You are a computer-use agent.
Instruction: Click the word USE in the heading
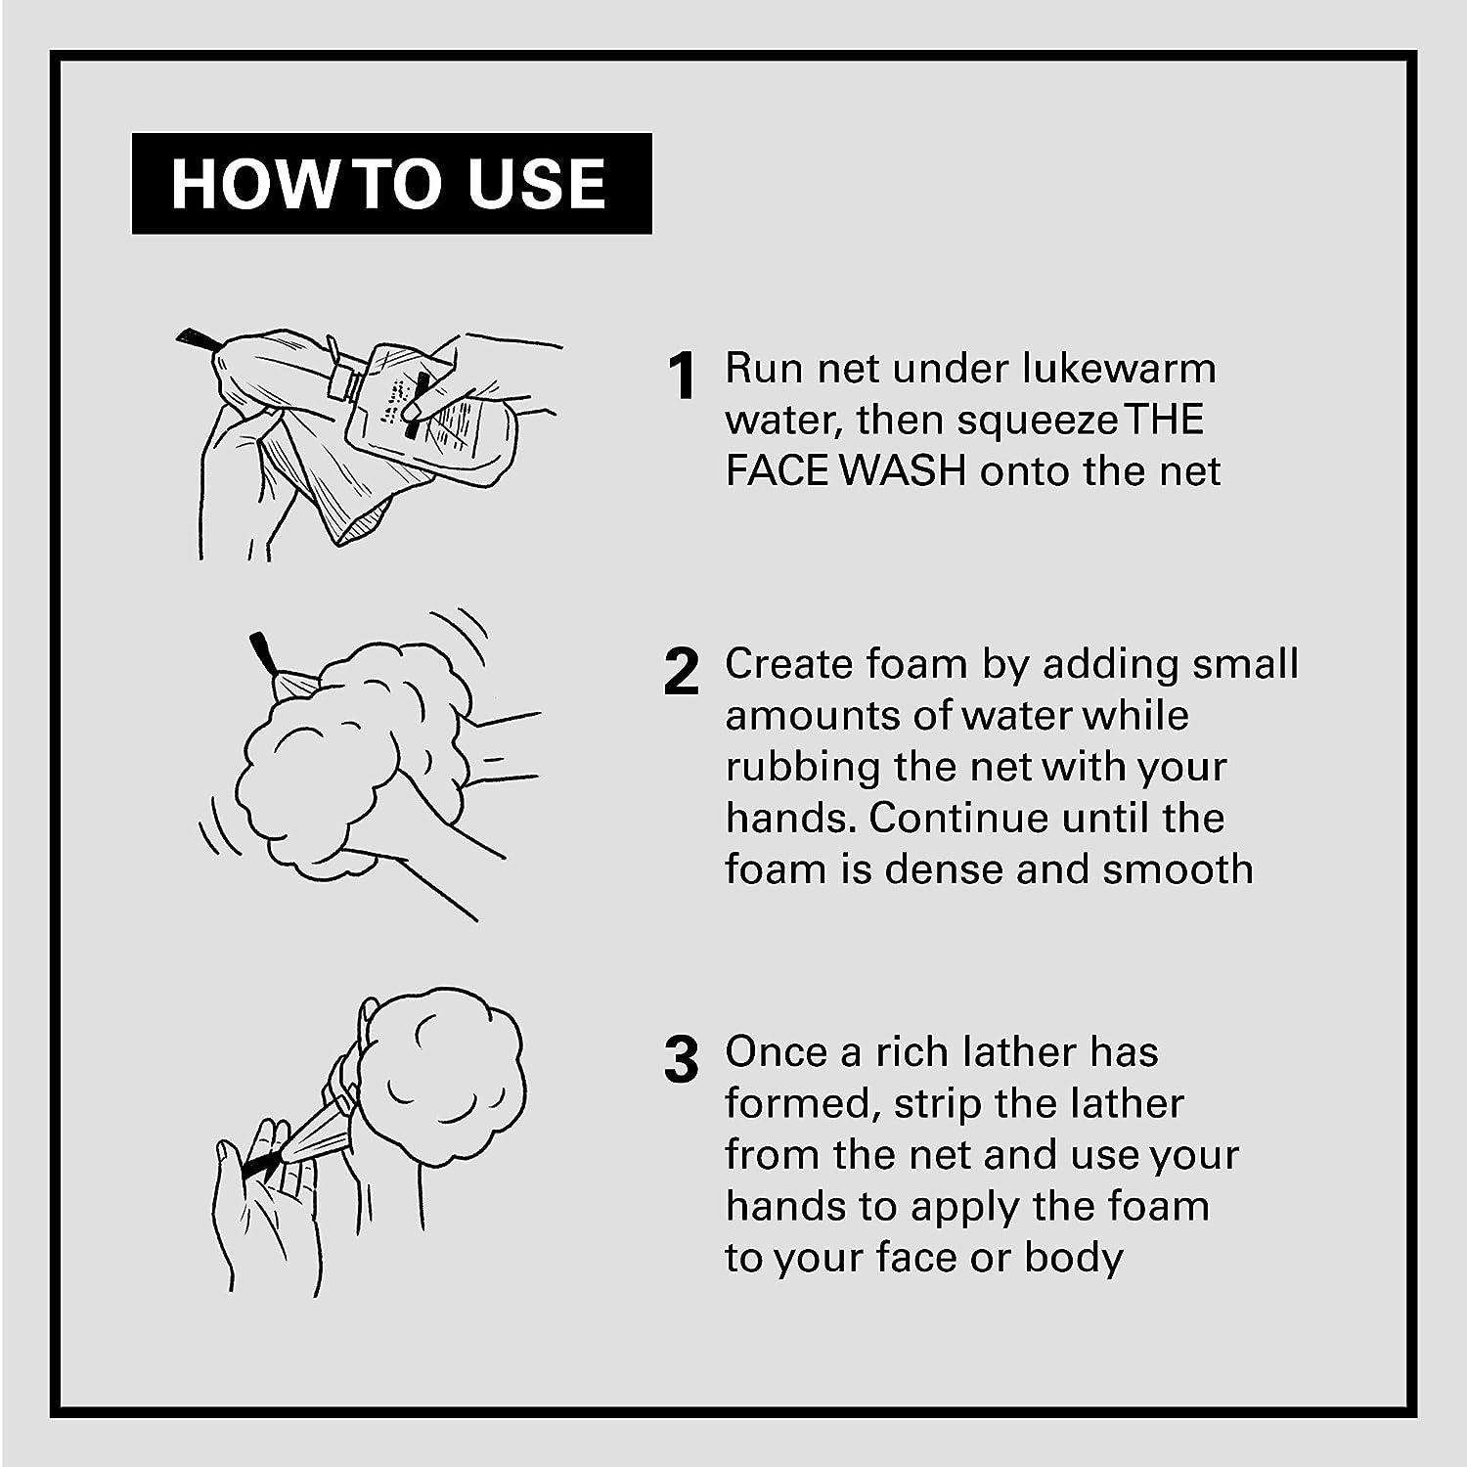(537, 184)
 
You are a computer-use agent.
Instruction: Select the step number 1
(682, 377)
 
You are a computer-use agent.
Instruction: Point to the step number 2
(682, 672)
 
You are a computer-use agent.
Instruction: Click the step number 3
(682, 1061)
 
